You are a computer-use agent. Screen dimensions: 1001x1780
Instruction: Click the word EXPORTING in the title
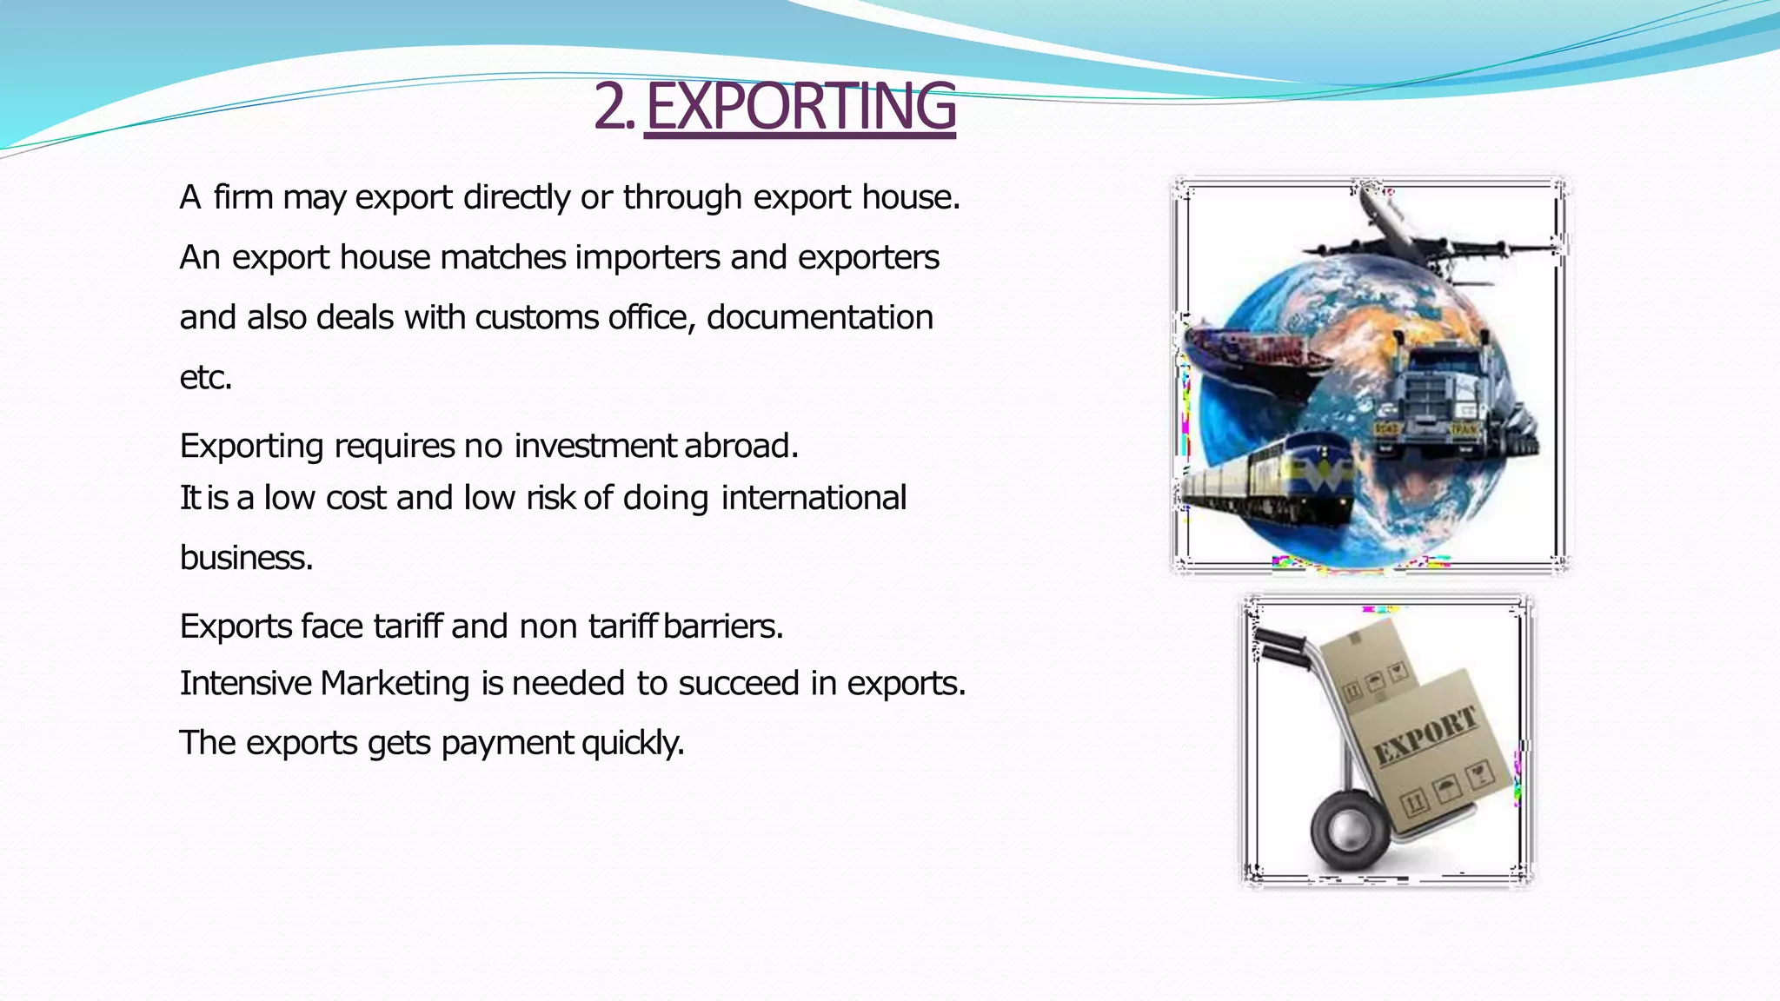point(800,107)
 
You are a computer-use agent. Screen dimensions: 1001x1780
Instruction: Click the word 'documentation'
point(820,318)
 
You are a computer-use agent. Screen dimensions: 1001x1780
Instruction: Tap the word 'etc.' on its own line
point(206,378)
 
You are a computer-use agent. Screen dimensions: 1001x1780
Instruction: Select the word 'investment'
point(594,446)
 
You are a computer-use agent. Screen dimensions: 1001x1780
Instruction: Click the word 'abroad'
point(741,446)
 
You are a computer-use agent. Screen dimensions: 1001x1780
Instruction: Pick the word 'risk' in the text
point(550,498)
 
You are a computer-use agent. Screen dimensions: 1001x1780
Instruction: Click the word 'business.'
point(246,558)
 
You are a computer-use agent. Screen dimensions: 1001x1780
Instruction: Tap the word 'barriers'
point(722,626)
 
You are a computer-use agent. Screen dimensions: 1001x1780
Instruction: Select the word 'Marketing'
point(395,684)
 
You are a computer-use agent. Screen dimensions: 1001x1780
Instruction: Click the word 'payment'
point(507,744)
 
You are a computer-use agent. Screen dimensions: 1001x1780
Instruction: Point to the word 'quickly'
point(633,744)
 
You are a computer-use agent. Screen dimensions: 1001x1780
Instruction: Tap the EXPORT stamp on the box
point(1425,735)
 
